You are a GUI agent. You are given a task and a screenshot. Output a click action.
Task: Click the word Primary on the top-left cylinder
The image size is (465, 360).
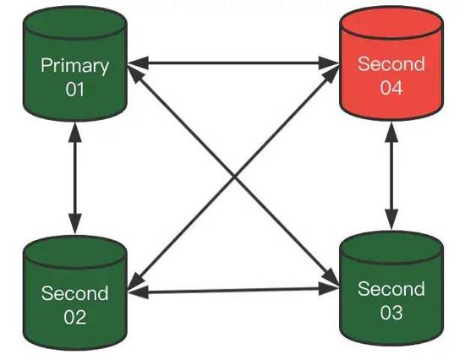(x=75, y=65)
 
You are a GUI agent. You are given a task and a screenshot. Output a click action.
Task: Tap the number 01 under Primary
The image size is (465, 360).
(x=75, y=88)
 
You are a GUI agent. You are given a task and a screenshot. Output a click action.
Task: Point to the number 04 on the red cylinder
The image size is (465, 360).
(x=391, y=87)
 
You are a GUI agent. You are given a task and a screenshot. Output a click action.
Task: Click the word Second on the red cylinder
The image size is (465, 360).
(x=391, y=64)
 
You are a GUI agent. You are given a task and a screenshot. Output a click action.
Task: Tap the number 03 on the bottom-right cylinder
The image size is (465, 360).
(x=391, y=313)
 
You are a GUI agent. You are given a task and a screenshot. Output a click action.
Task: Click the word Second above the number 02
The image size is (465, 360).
(x=75, y=294)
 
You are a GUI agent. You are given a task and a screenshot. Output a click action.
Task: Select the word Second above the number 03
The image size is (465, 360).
(x=391, y=289)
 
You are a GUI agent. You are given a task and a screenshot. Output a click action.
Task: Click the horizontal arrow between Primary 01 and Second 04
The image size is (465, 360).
(x=233, y=62)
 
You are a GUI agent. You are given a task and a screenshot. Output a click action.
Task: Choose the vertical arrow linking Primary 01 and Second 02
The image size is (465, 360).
(x=76, y=178)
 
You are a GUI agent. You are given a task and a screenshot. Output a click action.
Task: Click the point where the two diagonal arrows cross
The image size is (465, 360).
(x=233, y=176)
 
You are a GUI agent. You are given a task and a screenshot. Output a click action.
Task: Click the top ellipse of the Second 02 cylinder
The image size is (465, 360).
(x=75, y=251)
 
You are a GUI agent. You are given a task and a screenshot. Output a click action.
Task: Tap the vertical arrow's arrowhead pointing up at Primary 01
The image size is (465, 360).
(x=76, y=128)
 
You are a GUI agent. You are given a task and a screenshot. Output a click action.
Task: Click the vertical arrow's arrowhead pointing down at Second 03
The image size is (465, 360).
(x=391, y=221)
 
